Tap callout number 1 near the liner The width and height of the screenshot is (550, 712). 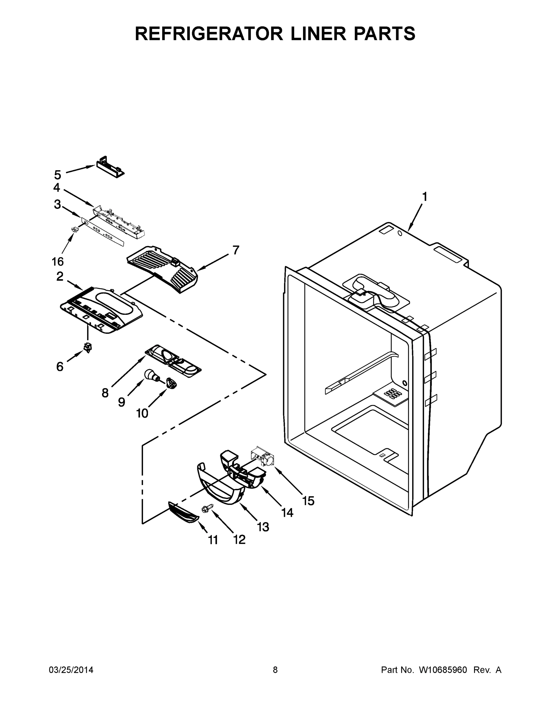(424, 197)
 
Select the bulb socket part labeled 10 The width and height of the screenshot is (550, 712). (171, 382)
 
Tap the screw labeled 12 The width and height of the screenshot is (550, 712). (208, 508)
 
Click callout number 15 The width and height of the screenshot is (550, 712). (308, 501)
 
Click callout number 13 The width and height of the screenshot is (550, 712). (263, 527)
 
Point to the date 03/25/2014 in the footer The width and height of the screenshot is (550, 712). (71, 670)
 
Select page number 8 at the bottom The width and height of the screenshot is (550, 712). (275, 670)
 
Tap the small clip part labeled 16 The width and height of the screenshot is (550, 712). (76, 230)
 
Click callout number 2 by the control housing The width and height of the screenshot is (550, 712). (60, 276)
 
